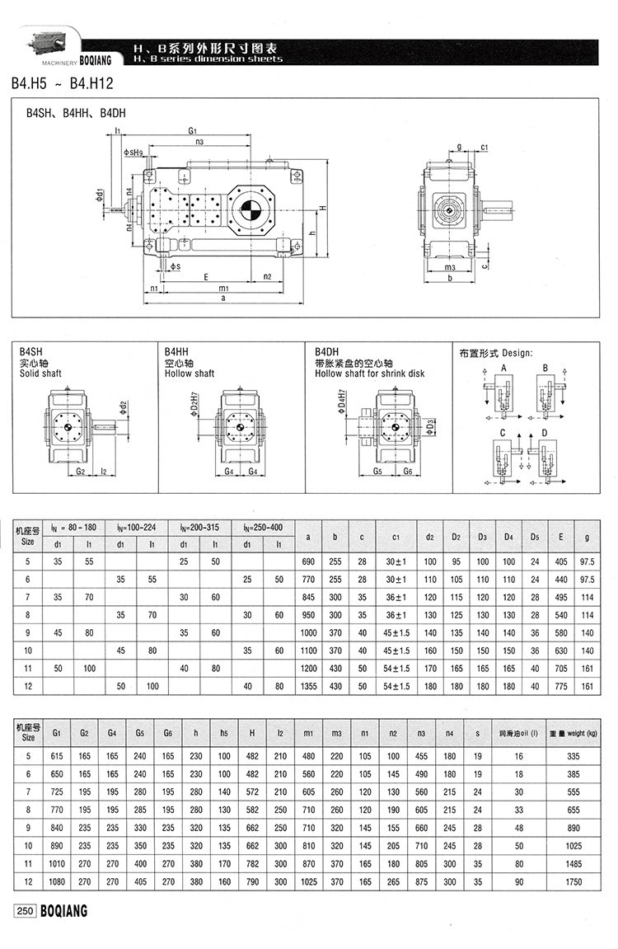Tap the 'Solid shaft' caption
(40, 373)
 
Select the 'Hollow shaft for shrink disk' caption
(370, 373)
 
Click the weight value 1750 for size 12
(574, 881)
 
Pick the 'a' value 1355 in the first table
(307, 685)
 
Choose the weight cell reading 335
(574, 755)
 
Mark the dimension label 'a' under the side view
(223, 298)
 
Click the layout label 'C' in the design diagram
(502, 433)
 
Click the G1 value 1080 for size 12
(56, 881)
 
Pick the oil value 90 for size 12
(519, 881)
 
